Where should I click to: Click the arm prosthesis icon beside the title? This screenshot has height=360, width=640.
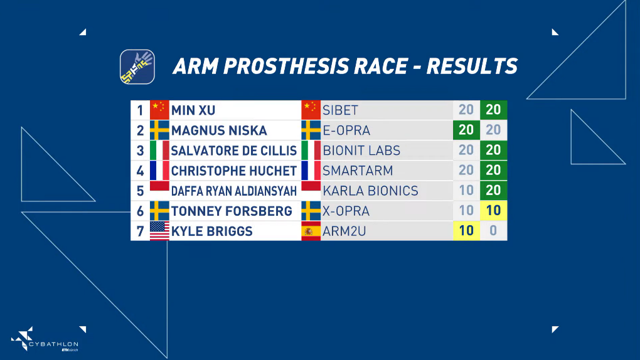coord(137,67)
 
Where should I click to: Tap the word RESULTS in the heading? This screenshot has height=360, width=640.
coord(472,66)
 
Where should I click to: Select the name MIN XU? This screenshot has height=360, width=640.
coord(193,110)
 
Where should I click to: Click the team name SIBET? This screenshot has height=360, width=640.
coord(340,110)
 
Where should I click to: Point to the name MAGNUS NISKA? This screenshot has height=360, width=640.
coord(219,130)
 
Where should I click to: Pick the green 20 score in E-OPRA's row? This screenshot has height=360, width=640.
coord(466,130)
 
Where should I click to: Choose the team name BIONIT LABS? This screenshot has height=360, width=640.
coord(361,151)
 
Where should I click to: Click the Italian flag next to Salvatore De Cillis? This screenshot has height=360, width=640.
coord(159,150)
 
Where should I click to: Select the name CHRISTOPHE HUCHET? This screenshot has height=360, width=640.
coord(233,171)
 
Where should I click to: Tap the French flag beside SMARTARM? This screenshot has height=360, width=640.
coord(311,170)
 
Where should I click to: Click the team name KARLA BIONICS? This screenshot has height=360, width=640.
coord(370,191)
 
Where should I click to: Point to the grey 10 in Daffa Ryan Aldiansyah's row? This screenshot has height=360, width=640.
coord(466,190)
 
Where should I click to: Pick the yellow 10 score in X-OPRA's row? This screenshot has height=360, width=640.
coord(493,210)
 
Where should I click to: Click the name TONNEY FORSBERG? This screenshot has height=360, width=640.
coord(232,211)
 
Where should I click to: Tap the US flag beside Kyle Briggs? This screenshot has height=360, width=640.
coord(159,231)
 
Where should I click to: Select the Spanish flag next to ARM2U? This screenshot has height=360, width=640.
coord(311,231)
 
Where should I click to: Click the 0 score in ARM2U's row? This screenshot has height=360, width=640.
coord(493,231)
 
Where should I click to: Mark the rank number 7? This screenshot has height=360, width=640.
coord(140,231)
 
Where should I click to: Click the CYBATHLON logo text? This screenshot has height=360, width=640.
coord(53,344)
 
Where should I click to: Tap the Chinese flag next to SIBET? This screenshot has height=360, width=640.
coord(311,110)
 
